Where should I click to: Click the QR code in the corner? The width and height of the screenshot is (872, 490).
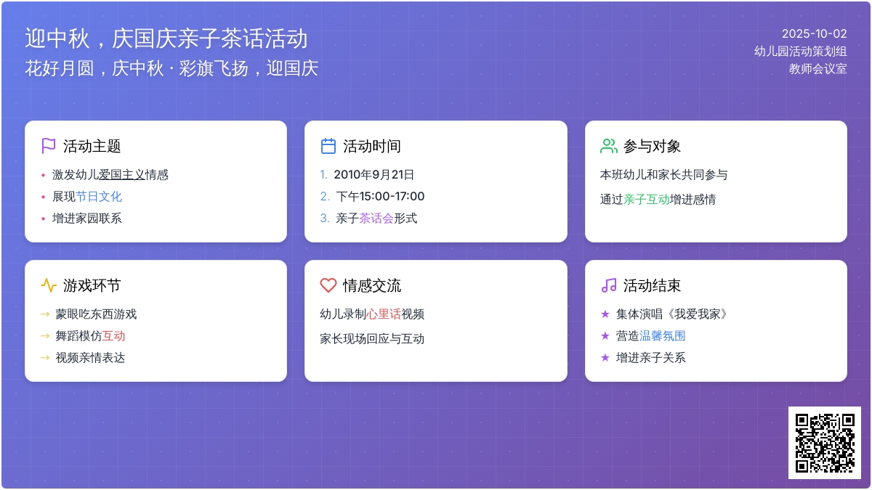pos(825,443)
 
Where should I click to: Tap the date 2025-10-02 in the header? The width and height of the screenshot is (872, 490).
pos(815,34)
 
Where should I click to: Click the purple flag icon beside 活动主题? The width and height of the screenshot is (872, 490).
pos(48,146)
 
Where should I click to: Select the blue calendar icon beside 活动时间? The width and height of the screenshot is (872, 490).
pos(328,146)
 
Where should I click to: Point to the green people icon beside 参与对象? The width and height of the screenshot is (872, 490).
pos(608,146)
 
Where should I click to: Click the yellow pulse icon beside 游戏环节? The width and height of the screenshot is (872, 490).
pos(48,285)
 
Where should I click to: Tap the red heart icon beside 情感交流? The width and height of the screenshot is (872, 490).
pos(328,285)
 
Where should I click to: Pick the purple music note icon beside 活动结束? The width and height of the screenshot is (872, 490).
pos(609,285)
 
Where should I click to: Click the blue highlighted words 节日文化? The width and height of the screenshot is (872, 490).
pos(99,197)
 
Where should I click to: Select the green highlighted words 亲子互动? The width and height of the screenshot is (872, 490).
pos(647,199)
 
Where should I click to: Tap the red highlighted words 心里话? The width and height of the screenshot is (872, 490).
pos(384,314)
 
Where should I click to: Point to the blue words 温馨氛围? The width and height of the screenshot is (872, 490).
pos(662,335)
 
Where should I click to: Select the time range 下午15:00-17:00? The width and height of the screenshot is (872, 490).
pos(380,197)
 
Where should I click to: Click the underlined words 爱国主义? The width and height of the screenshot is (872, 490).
pos(122,175)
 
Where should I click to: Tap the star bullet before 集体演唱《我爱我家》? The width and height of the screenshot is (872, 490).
pos(605,314)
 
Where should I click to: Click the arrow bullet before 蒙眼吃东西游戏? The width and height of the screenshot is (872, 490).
pos(45,314)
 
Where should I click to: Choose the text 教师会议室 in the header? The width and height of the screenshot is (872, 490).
pos(818,69)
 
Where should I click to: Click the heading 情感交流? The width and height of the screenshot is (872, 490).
pos(372,285)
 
